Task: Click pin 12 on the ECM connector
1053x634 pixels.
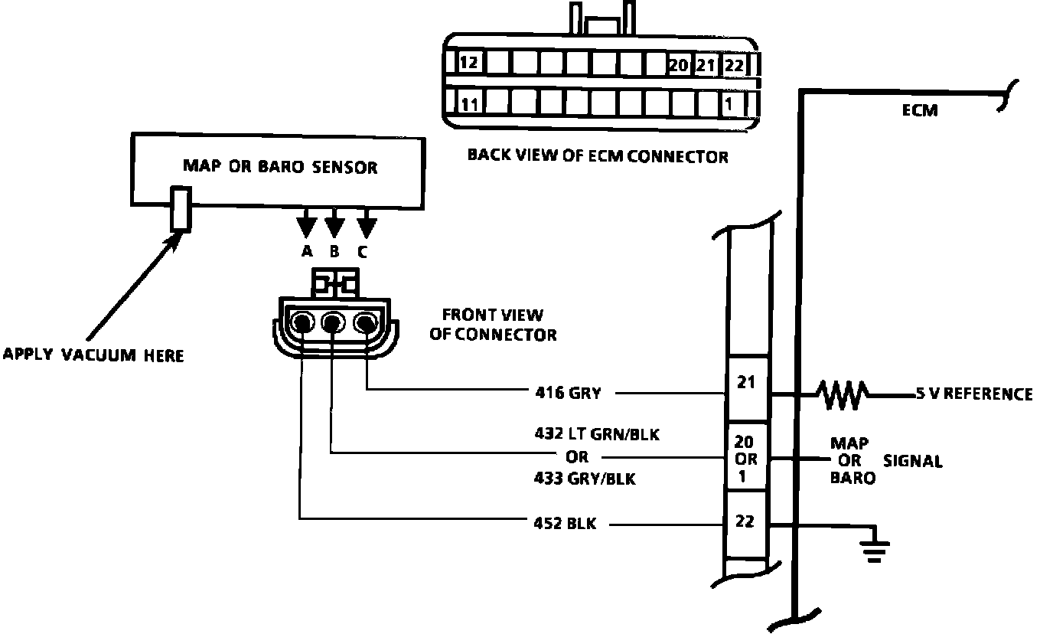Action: click(468, 63)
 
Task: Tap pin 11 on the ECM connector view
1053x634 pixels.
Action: click(469, 103)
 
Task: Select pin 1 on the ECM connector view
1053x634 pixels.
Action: click(732, 103)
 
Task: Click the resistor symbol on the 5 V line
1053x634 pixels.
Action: click(842, 394)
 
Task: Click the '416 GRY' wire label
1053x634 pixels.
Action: click(567, 394)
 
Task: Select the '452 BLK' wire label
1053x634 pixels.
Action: click(566, 525)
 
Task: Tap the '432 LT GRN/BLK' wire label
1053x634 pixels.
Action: click(597, 434)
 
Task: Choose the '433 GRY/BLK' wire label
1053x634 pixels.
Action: click(585, 480)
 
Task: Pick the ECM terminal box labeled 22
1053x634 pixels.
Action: click(745, 522)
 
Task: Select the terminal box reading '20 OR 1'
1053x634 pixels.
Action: click(745, 459)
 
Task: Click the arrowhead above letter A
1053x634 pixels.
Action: click(306, 226)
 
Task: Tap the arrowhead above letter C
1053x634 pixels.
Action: click(367, 226)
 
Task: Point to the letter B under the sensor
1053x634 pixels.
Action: click(334, 250)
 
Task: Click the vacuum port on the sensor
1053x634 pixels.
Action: click(181, 208)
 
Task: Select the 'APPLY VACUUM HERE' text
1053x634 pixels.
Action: click(93, 355)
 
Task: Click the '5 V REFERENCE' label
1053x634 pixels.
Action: click(973, 394)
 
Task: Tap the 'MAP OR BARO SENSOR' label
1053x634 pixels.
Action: click(279, 166)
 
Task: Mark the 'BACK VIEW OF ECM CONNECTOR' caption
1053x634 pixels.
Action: click(598, 157)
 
